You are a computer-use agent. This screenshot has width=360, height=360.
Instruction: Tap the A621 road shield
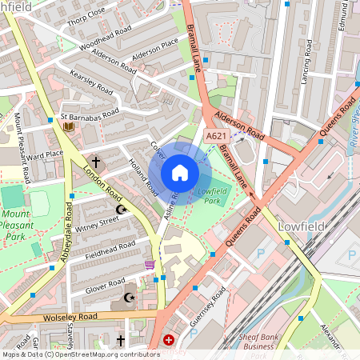(215, 138)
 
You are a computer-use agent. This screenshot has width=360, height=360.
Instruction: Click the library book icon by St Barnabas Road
(69, 126)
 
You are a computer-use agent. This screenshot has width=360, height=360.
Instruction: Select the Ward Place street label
(44, 154)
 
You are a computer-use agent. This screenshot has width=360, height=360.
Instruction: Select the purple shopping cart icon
(149, 265)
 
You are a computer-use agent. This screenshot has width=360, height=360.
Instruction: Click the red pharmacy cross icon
(169, 340)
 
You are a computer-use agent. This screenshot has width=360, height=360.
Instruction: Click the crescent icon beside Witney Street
(122, 210)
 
